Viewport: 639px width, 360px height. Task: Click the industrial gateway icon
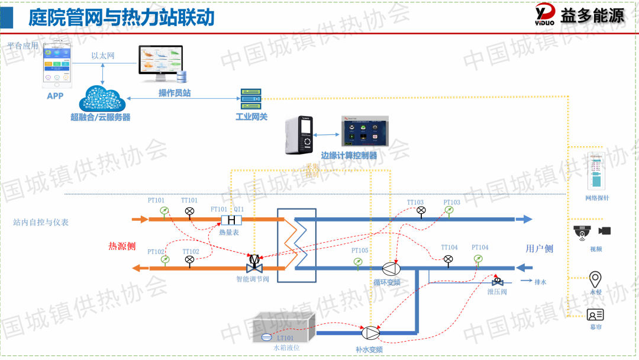point(250,98)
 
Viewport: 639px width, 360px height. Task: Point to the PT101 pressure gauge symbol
point(164,211)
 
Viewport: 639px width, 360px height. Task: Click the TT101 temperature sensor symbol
point(189,211)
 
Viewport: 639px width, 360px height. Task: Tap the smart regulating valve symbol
point(254,262)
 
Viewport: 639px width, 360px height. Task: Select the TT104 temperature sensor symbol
point(448,259)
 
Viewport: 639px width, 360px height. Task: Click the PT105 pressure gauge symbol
point(358,262)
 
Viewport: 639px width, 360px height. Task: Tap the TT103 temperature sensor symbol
point(421,210)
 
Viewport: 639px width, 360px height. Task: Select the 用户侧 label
point(540,249)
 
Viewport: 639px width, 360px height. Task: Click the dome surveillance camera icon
point(583,232)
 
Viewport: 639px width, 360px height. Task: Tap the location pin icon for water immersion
point(595,278)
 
